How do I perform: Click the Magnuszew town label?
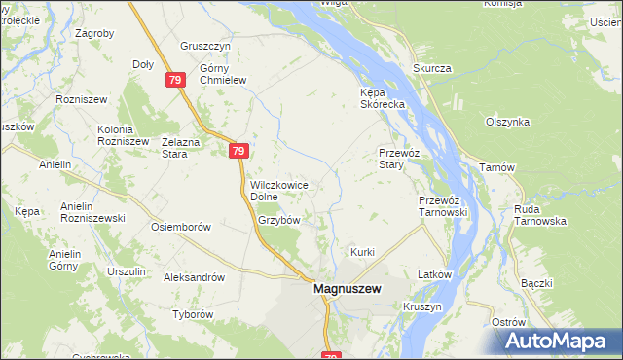348,289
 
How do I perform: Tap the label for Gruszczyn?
204,46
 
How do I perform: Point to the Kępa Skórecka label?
375,99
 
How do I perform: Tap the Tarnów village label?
496,167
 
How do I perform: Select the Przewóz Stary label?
397,159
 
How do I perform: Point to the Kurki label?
363,252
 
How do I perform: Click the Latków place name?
435,274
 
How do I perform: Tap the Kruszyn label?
421,306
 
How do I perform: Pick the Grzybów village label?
278,220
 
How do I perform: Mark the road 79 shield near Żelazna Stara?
239,151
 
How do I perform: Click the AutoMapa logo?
559,341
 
